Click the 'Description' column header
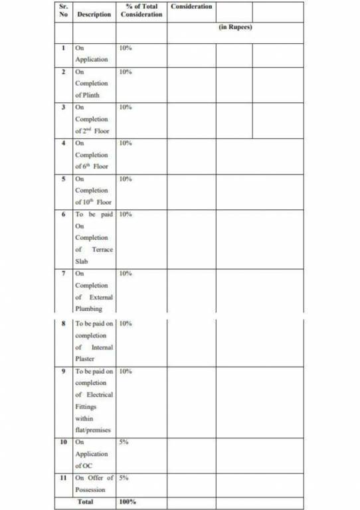tap(94, 14)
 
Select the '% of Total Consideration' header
tap(141, 10)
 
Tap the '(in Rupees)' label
tap(235, 28)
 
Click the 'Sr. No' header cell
tap(64, 10)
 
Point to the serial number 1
tap(64, 48)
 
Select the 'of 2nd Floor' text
tap(92, 131)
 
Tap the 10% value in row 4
tap(126, 143)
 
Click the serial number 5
tap(64, 179)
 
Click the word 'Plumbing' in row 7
tap(88, 309)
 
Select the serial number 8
tap(64, 323)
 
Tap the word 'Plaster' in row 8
tap(86, 359)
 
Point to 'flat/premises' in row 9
tap(92, 430)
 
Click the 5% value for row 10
tap(124, 442)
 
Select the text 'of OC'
tap(84, 466)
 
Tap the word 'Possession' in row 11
tap(90, 489)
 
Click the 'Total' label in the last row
tap(85, 502)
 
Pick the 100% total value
tap(127, 502)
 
